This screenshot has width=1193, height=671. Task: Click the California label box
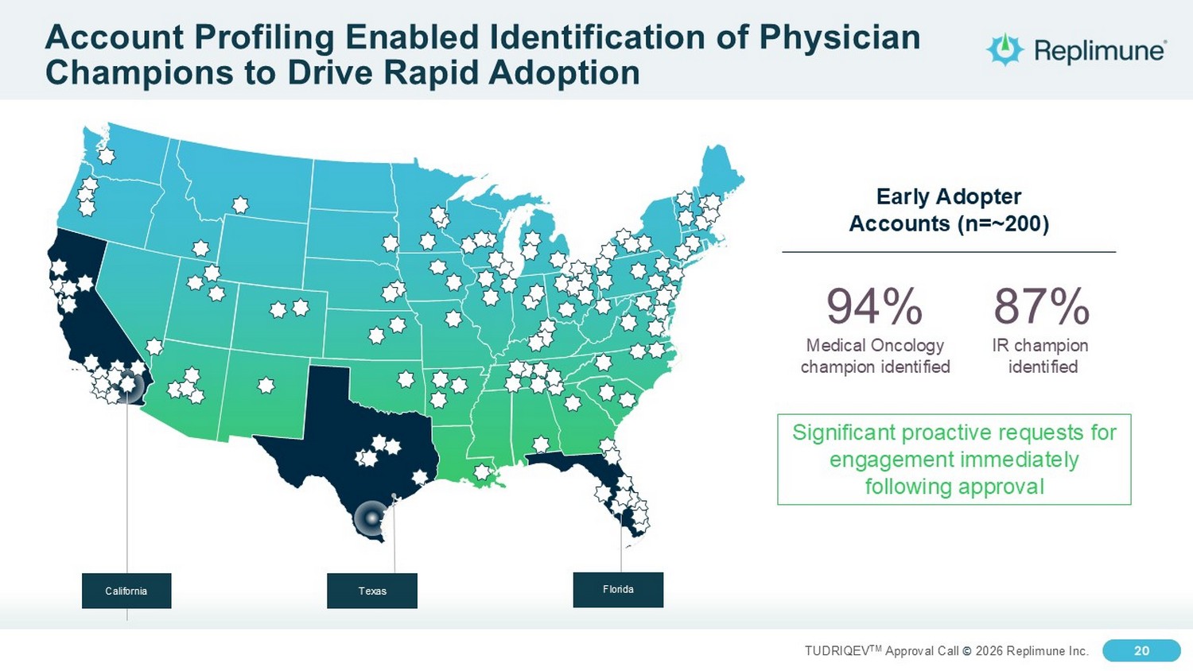point(126,591)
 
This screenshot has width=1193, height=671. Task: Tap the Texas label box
point(372,591)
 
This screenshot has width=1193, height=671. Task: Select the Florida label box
point(618,590)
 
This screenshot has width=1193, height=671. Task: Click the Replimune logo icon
point(1005,49)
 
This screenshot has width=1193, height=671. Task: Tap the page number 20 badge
point(1141,650)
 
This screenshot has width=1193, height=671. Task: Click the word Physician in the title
point(840,37)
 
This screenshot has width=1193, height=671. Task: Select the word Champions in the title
point(139,73)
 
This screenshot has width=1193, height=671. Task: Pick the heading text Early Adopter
point(949,196)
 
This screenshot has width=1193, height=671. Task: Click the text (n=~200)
point(1003,223)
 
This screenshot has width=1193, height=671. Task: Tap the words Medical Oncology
point(875,345)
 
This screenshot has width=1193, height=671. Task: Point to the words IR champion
point(1040,345)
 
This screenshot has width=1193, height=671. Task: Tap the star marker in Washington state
point(107,156)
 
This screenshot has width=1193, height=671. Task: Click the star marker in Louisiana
point(481,471)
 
